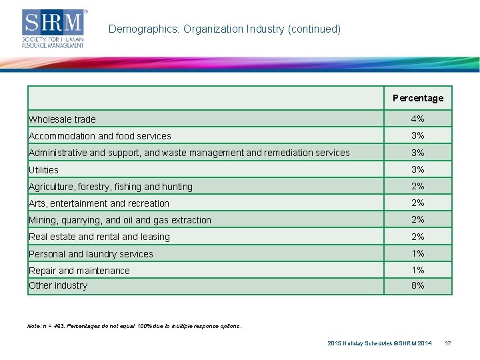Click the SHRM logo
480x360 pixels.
point(54,29)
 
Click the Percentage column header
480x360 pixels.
point(418,98)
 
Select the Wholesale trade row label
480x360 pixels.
point(62,119)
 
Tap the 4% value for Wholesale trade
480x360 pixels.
point(417,119)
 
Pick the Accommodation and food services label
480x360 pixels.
point(100,136)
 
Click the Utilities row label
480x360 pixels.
point(43,170)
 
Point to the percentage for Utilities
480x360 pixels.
point(417,169)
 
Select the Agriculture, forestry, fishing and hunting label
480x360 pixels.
point(111,187)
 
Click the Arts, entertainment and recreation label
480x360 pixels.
point(99,203)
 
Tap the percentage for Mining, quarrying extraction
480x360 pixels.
point(417,219)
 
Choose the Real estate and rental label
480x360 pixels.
point(99,237)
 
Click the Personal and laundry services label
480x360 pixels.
point(91,254)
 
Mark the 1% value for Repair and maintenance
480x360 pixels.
point(418,270)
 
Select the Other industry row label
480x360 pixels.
point(58,285)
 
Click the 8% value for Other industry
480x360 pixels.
point(417,285)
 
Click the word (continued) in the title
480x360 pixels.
point(314,29)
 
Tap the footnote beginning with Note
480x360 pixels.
point(135,326)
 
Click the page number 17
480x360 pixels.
point(448,343)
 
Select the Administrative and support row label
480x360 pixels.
point(189,153)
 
